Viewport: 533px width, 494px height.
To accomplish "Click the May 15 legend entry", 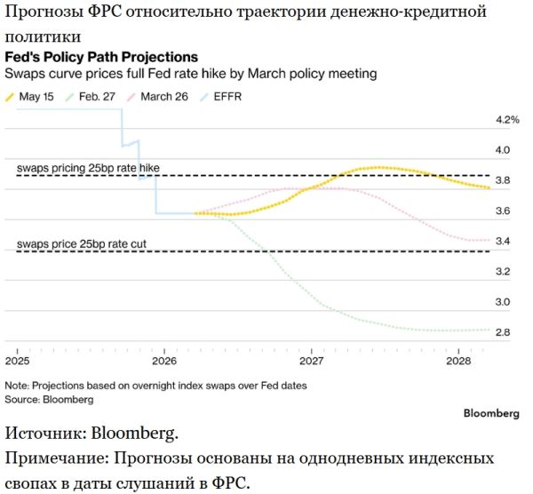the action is point(29,97).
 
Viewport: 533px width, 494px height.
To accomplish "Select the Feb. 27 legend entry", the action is point(91,97).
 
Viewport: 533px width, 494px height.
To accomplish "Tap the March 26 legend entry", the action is point(157,97).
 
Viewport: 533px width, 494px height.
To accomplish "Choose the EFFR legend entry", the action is point(221,97).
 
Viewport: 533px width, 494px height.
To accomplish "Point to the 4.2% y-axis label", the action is point(507,120).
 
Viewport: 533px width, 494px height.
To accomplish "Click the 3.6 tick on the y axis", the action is point(503,211).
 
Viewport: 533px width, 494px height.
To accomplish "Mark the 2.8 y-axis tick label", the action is point(503,332).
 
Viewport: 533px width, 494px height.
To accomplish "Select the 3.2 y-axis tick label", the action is point(503,271).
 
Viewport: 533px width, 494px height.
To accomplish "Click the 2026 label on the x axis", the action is point(164,361).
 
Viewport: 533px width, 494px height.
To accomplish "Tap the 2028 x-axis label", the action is point(458,361).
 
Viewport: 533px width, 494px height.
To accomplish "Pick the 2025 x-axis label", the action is point(18,361).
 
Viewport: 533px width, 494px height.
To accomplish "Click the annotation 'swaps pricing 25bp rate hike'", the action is point(88,168).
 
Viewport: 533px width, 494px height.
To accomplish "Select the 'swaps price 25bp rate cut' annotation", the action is point(82,243).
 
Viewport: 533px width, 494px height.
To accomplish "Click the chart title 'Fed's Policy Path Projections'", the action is point(101,57).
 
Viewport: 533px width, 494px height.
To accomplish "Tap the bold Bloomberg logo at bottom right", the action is point(491,413).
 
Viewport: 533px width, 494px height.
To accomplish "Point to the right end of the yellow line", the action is point(489,187).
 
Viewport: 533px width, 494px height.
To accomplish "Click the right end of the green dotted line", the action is point(489,330).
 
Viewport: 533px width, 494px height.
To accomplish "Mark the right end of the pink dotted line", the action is point(489,240).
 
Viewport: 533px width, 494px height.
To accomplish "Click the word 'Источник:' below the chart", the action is point(46,434).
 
